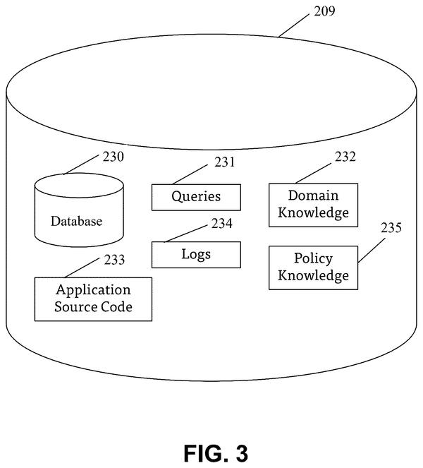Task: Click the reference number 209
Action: [x=324, y=11]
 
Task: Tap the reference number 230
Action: [x=114, y=157]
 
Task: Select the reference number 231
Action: [x=225, y=162]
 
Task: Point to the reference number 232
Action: [x=345, y=157]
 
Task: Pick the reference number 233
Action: [x=114, y=260]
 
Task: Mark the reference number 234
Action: [x=222, y=224]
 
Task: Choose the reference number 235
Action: [x=391, y=228]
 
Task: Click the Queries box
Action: [x=196, y=197]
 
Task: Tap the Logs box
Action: [x=196, y=255]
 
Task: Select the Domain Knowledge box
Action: [x=313, y=205]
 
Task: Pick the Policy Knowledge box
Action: [x=313, y=268]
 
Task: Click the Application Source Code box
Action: [x=93, y=299]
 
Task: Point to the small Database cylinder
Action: [x=79, y=210]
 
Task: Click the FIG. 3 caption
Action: [x=216, y=453]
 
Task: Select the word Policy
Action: [x=313, y=259]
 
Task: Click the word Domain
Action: [x=313, y=196]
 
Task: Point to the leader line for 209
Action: [x=293, y=25]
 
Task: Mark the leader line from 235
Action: [x=371, y=251]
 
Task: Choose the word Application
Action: [x=93, y=291]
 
